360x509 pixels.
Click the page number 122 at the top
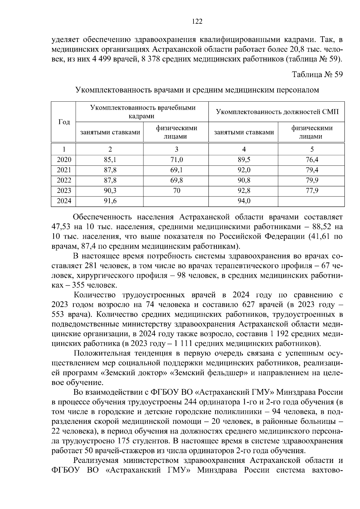point(197,21)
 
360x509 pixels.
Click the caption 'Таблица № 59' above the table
point(317,74)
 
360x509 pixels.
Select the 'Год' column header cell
point(64,122)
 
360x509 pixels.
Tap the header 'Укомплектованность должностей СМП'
point(277,112)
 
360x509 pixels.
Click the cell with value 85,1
point(110,160)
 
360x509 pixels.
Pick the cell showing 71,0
point(176,160)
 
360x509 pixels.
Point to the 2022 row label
point(64,180)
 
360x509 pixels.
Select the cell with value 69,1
point(176,170)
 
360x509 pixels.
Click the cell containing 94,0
point(244,201)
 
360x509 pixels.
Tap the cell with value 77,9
point(312,190)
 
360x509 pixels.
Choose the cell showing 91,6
point(110,201)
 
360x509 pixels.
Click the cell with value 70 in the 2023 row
point(176,190)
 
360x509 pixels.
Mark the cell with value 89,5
point(244,160)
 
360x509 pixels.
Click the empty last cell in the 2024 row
point(312,201)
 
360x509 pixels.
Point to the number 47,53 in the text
point(61,226)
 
